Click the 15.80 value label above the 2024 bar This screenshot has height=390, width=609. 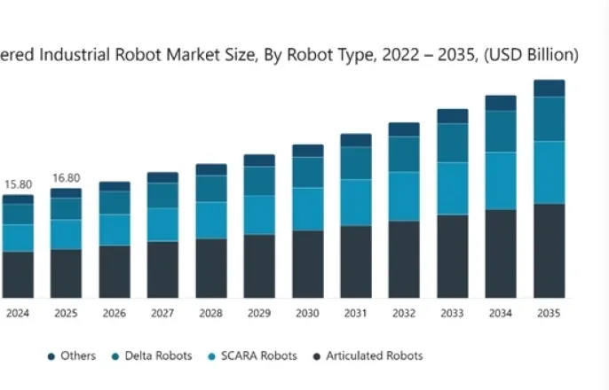tap(18, 184)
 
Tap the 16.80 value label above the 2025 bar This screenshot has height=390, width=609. tap(66, 177)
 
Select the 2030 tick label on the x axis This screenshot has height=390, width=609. tap(307, 313)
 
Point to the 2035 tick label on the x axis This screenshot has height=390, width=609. tap(549, 313)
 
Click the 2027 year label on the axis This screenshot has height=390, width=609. tap(162, 313)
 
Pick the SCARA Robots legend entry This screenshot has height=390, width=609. tap(251, 356)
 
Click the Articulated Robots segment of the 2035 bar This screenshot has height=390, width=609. tap(549, 251)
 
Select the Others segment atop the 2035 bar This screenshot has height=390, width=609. tap(549, 88)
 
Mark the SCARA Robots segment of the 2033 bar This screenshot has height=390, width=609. tap(453, 188)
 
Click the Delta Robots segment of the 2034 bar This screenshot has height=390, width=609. tap(501, 131)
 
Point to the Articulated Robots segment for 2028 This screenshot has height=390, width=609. tap(211, 268)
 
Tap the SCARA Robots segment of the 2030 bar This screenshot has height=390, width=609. tap(307, 208)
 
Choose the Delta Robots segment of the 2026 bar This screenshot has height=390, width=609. tap(115, 203)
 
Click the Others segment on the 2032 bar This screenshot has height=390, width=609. tap(404, 129)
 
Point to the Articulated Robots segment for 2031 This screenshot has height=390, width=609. tap(356, 261)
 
